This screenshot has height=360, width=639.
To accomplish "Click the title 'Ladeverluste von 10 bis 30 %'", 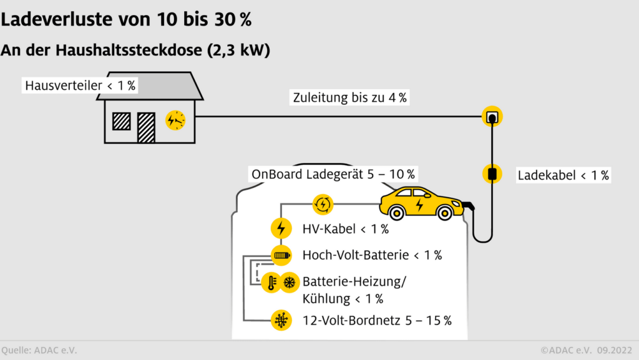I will coord(127,19).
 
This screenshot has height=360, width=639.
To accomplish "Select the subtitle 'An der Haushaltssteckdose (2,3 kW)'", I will coord(135,51).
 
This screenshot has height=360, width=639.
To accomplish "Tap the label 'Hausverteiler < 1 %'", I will coord(80,86).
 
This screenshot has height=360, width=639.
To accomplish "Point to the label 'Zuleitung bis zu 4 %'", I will coord(349,97).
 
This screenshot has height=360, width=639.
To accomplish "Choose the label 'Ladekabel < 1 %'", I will coord(563,176).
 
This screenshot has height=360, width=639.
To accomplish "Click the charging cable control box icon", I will coord(492,173).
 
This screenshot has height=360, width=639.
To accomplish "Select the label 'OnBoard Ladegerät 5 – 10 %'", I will coord(333,174).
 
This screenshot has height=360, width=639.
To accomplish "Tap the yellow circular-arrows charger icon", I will coord(323,203).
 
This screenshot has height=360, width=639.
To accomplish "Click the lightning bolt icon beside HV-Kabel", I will coord(281,228).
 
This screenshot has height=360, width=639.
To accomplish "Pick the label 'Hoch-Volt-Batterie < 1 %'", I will coord(372,255).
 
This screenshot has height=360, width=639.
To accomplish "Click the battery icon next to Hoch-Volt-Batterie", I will coord(281,255).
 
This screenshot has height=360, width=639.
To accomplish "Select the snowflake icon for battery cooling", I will coord(290,283).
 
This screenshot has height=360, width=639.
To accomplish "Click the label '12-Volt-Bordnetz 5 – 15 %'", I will coord(377,321).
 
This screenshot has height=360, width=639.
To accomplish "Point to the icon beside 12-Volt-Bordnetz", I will coord(281,321).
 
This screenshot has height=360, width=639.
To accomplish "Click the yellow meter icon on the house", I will coord(175,120).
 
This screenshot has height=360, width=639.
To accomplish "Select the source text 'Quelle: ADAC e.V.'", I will coord(39,350).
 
